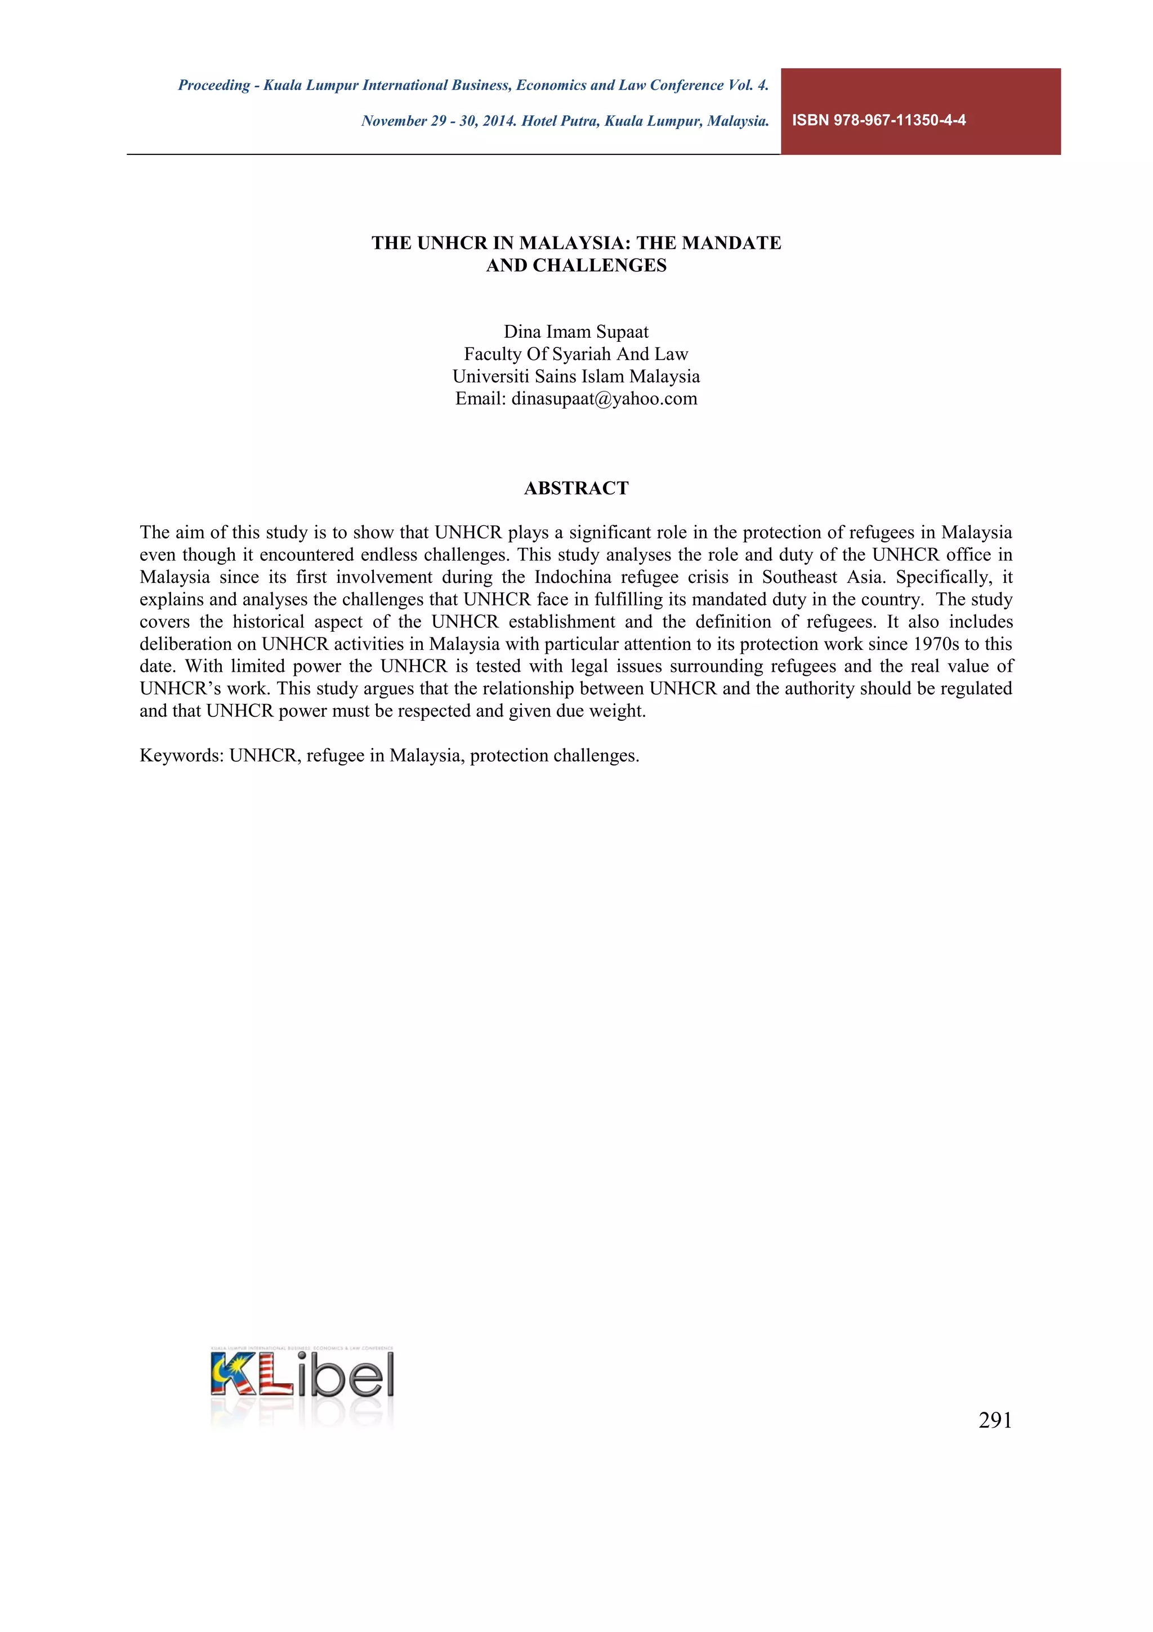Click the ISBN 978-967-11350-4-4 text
click(x=878, y=120)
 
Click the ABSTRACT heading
click(x=576, y=488)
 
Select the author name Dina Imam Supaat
click(x=576, y=332)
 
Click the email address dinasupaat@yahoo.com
click(x=604, y=399)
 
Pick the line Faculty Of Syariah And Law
click(x=576, y=354)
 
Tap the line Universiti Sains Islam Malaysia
click(x=576, y=376)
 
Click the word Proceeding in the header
click(x=214, y=85)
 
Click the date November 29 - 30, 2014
click(x=439, y=121)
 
